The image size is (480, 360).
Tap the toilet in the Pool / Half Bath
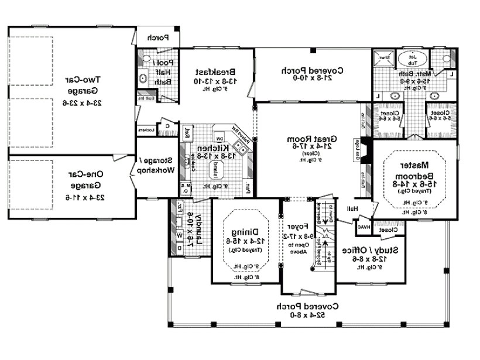143,78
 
